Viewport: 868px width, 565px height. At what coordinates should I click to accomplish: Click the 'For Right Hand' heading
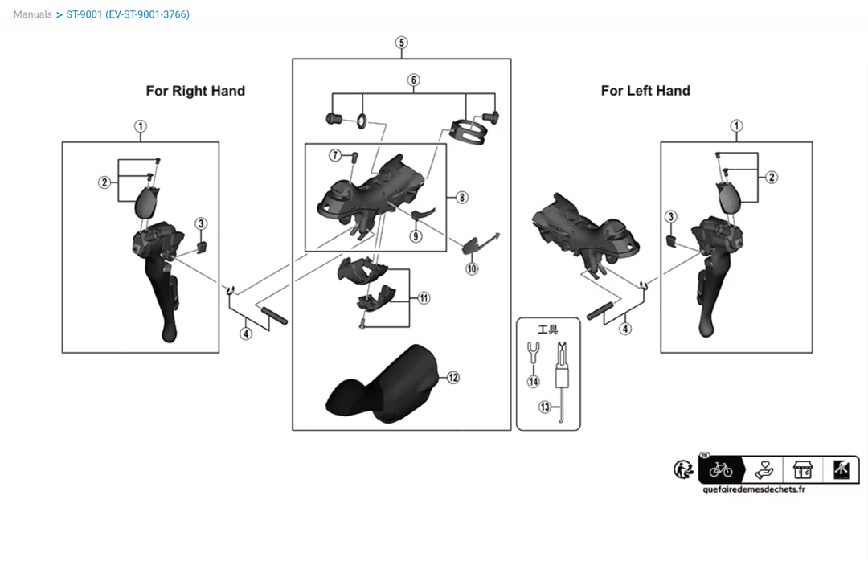(x=195, y=91)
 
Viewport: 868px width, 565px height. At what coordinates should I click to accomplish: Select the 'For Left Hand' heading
(x=645, y=91)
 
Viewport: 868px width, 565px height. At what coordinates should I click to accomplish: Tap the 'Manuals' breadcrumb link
(x=33, y=14)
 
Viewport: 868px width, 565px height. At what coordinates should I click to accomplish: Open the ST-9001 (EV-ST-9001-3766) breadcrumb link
(x=128, y=14)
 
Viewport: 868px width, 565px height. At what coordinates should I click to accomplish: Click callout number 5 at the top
(x=402, y=43)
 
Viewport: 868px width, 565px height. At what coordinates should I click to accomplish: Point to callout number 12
(x=453, y=377)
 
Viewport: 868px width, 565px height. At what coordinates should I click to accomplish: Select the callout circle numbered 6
(x=413, y=80)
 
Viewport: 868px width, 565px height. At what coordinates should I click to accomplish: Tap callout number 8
(x=462, y=197)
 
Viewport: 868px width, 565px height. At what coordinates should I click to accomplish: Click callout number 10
(x=472, y=268)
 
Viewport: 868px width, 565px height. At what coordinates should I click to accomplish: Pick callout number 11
(x=424, y=297)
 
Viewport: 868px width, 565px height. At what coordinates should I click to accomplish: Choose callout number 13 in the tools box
(x=545, y=407)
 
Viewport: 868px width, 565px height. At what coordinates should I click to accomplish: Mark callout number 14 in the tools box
(x=534, y=381)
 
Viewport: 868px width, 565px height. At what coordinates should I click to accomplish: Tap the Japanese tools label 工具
(x=547, y=329)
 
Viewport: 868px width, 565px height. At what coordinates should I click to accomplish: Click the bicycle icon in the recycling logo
(x=721, y=469)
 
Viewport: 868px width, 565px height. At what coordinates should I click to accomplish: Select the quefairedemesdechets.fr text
(x=753, y=489)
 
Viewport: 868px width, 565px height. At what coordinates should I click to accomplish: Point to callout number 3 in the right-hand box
(x=201, y=223)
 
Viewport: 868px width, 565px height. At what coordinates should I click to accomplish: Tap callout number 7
(x=334, y=154)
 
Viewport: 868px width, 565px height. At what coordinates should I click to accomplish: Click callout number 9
(x=416, y=235)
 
